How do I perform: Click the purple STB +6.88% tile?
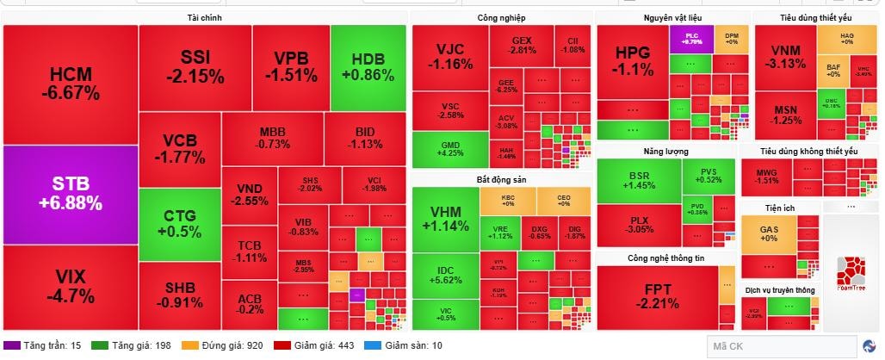coord(70,195)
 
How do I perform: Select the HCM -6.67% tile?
coord(70,84)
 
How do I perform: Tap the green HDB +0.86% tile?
coord(368,67)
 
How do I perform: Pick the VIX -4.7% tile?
coord(70,287)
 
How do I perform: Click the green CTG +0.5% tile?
coord(180,223)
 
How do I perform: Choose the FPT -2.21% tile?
coord(657,297)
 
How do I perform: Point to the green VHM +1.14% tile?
coord(445,219)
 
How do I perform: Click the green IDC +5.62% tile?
coord(445,274)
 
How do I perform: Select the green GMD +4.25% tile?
coord(449,149)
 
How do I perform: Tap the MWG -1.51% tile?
coord(767,177)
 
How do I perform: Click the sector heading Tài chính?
coord(205,17)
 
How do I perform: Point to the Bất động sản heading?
coord(501,179)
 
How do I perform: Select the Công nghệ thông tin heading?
coord(665,258)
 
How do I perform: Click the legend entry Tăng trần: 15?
coord(46,345)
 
